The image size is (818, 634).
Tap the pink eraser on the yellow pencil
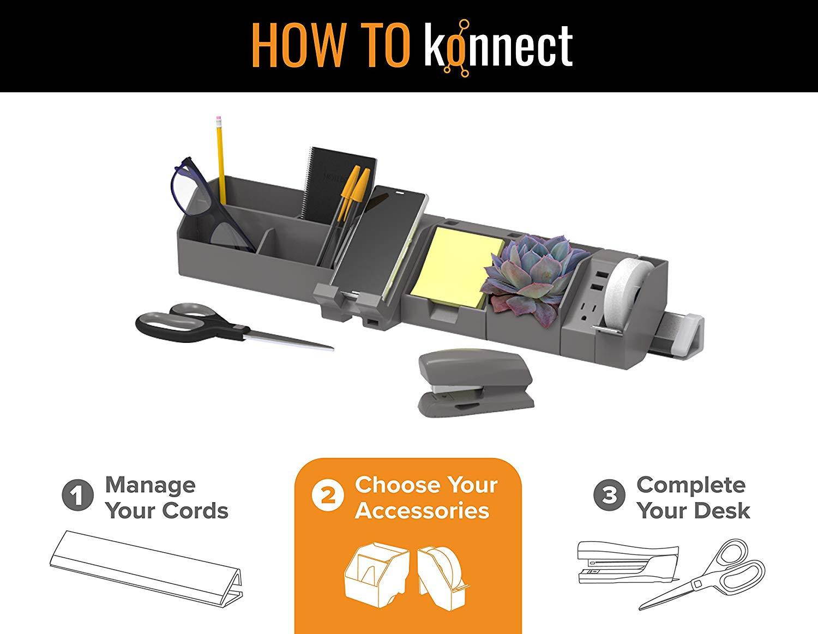tap(218, 119)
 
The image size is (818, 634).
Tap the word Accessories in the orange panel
tap(422, 511)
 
